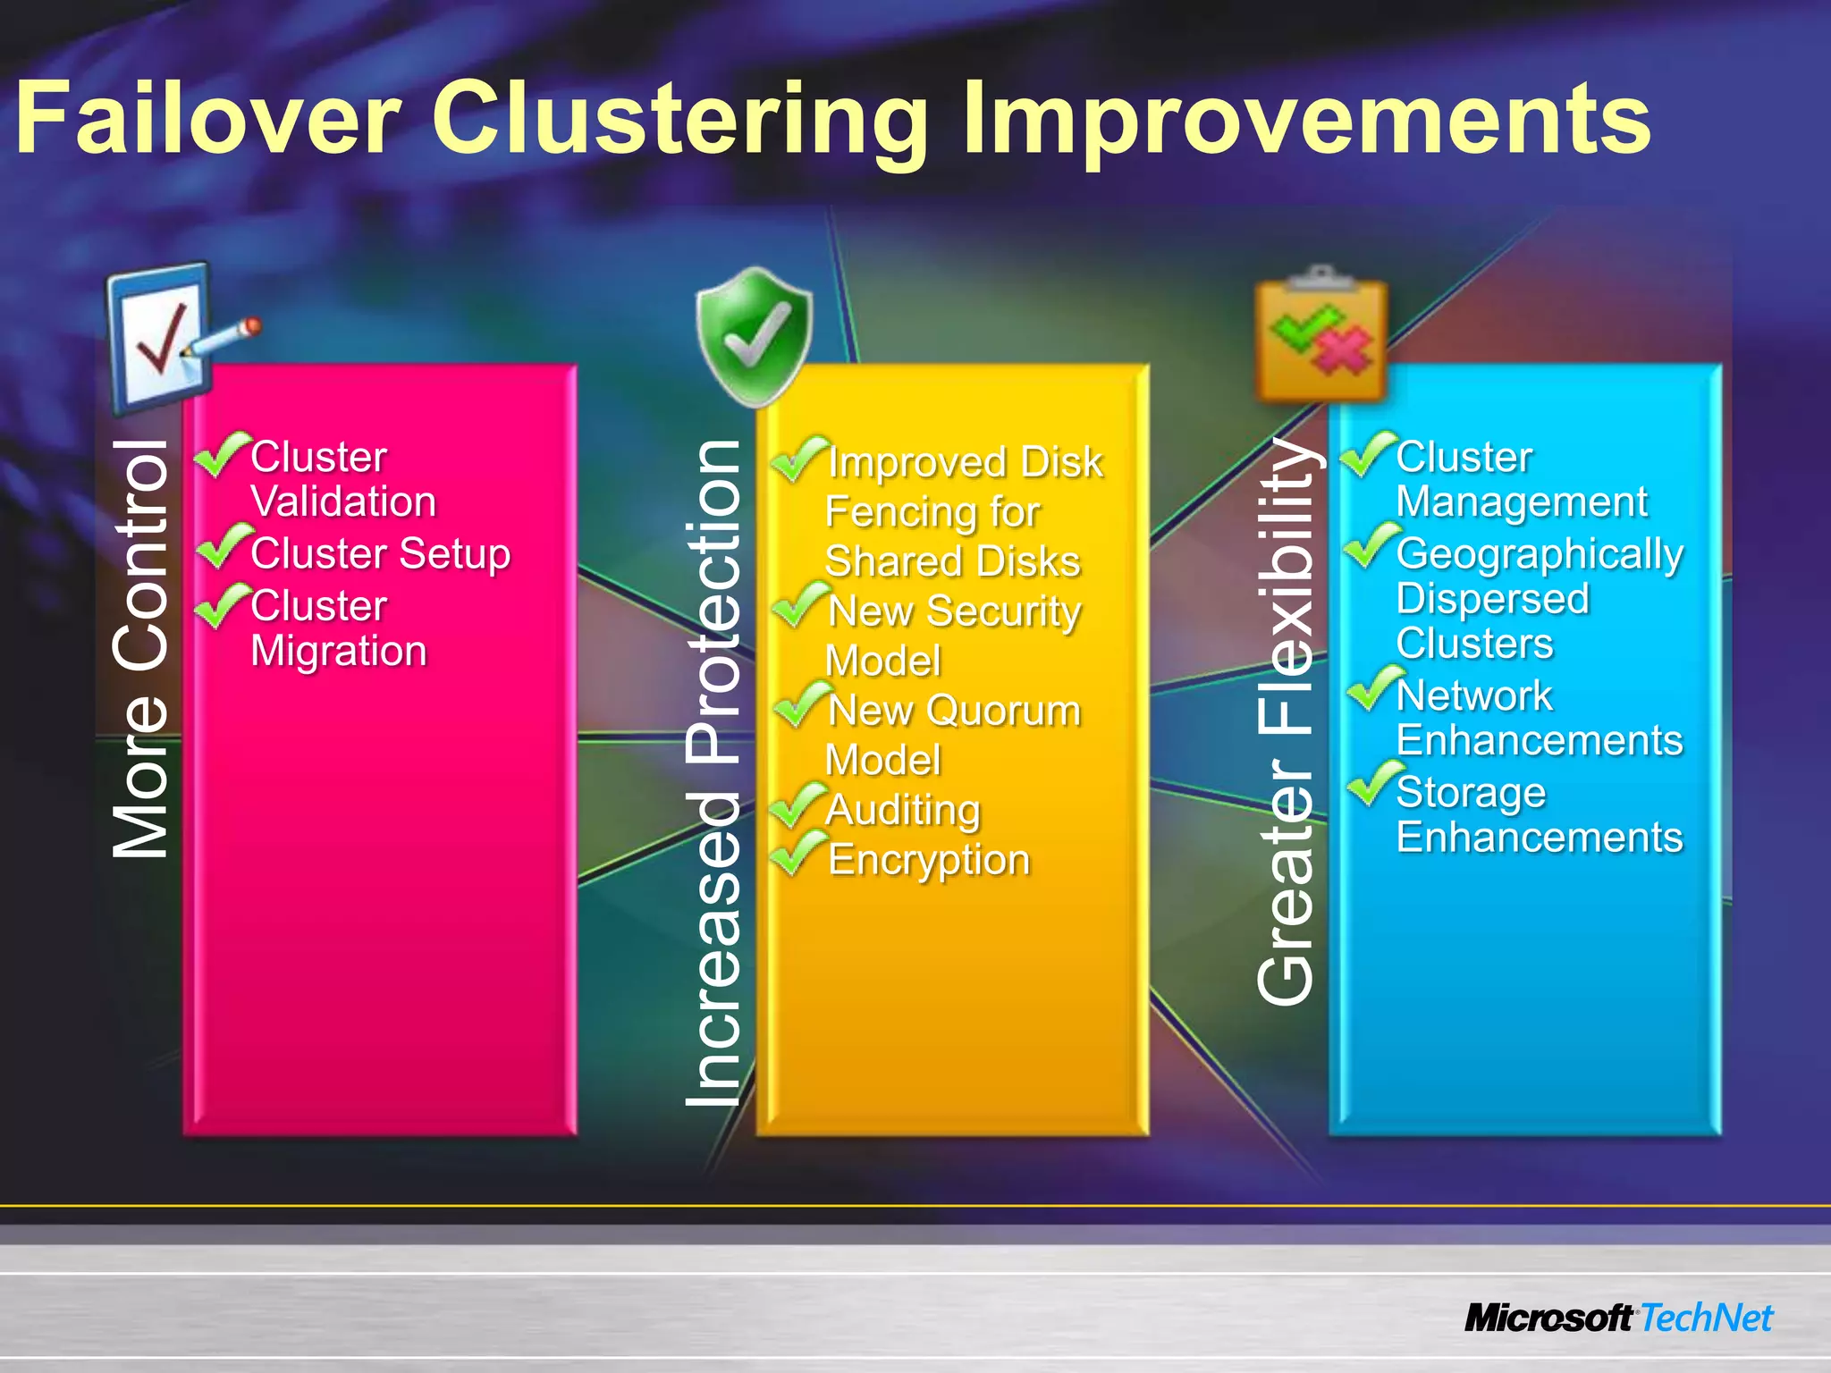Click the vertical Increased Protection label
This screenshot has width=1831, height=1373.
(713, 773)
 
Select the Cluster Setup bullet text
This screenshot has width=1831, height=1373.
(380, 554)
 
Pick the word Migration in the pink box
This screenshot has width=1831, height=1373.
(339, 651)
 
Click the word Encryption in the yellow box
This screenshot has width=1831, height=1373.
(929, 861)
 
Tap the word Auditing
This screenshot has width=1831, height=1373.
(903, 811)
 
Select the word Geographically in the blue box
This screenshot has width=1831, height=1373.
(1540, 554)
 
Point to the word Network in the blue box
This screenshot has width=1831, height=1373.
(1473, 696)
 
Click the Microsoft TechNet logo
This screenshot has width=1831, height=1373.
(1618, 1318)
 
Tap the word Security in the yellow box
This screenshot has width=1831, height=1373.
(1003, 612)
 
